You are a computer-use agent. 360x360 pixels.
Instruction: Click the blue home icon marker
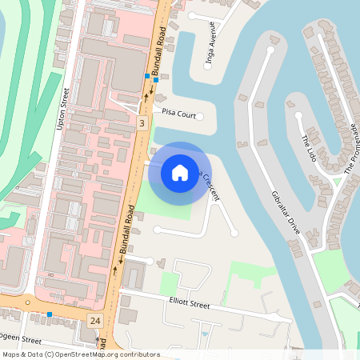[180, 172]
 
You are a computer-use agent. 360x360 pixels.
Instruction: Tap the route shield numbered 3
[142, 123]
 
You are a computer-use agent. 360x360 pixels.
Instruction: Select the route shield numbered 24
[95, 320]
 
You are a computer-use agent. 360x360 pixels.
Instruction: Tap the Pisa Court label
[178, 114]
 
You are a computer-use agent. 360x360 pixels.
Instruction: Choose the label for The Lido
[310, 150]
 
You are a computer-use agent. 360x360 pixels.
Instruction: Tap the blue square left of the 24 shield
[50, 314]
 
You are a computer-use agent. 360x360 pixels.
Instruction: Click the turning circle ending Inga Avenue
[209, 68]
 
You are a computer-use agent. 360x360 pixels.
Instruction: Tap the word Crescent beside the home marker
[206, 185]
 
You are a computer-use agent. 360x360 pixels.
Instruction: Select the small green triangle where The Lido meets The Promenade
[337, 182]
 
